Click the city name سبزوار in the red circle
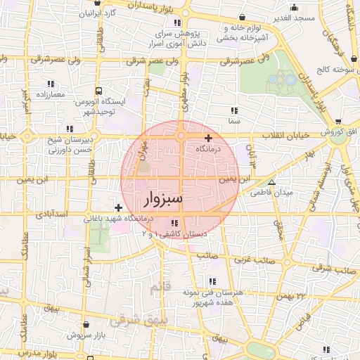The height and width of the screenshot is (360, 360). [163, 198]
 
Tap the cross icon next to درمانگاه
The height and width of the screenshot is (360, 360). [208, 138]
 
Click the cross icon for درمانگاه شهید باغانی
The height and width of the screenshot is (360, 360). [118, 207]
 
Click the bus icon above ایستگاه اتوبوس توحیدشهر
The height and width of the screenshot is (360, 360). [99, 91]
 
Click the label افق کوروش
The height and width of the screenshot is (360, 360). [339, 132]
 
